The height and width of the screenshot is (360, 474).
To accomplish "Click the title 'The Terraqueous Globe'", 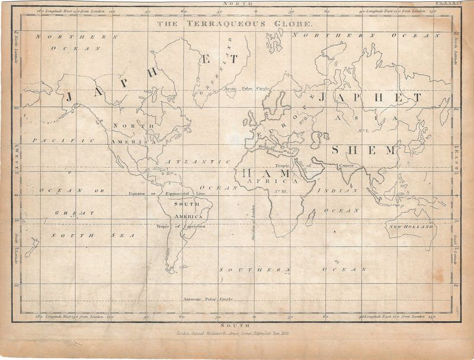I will (233, 24).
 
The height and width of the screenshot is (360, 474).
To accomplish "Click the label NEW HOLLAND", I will (411, 227).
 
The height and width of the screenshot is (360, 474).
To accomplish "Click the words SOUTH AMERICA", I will (186, 210).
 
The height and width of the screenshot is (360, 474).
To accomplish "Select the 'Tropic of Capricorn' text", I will (181, 226).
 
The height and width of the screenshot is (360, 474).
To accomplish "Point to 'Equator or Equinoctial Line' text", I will (167, 193).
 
